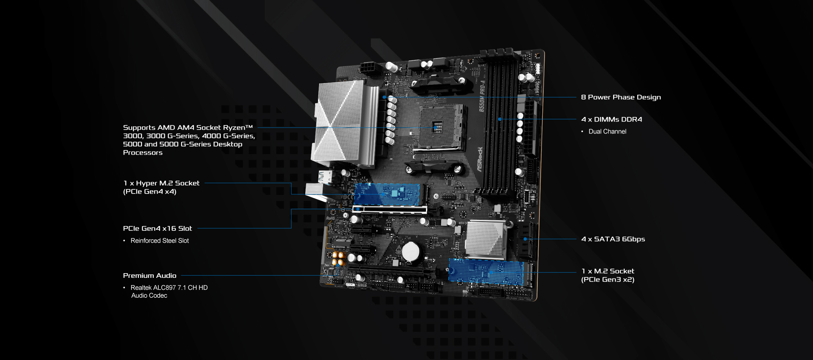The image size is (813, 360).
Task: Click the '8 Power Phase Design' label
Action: point(621,97)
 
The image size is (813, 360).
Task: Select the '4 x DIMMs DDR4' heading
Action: point(611,119)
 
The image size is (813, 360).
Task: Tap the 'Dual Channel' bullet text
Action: point(607,131)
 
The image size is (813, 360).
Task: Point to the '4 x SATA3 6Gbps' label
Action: point(613,239)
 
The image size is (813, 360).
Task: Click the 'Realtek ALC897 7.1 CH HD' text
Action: point(169,288)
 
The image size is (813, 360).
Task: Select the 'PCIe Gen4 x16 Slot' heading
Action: point(158,228)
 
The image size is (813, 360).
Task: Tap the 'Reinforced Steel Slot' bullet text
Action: point(160,241)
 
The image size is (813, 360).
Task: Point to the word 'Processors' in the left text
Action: point(143,152)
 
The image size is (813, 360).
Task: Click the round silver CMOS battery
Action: point(410,252)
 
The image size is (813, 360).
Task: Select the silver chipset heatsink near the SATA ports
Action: point(486,240)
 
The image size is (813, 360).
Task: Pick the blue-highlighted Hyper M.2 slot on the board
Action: point(387,194)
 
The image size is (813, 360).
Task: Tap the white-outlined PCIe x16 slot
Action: point(390,209)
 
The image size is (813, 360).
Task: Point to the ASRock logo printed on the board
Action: point(480,159)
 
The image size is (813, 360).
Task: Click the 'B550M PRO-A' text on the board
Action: point(482,96)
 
